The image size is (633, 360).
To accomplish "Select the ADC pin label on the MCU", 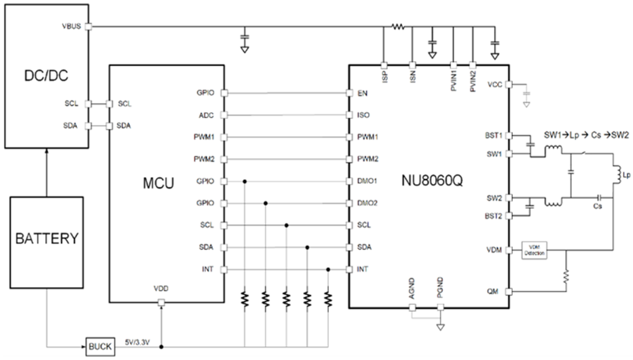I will pyautogui.click(x=206, y=115).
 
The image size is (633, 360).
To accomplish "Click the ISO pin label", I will pyautogui.click(x=363, y=115).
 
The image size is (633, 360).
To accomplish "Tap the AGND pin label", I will pyautogui.click(x=412, y=292).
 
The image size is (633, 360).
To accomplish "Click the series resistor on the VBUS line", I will pyautogui.click(x=398, y=26).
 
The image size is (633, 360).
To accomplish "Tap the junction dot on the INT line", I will pyautogui.click(x=328, y=269).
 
